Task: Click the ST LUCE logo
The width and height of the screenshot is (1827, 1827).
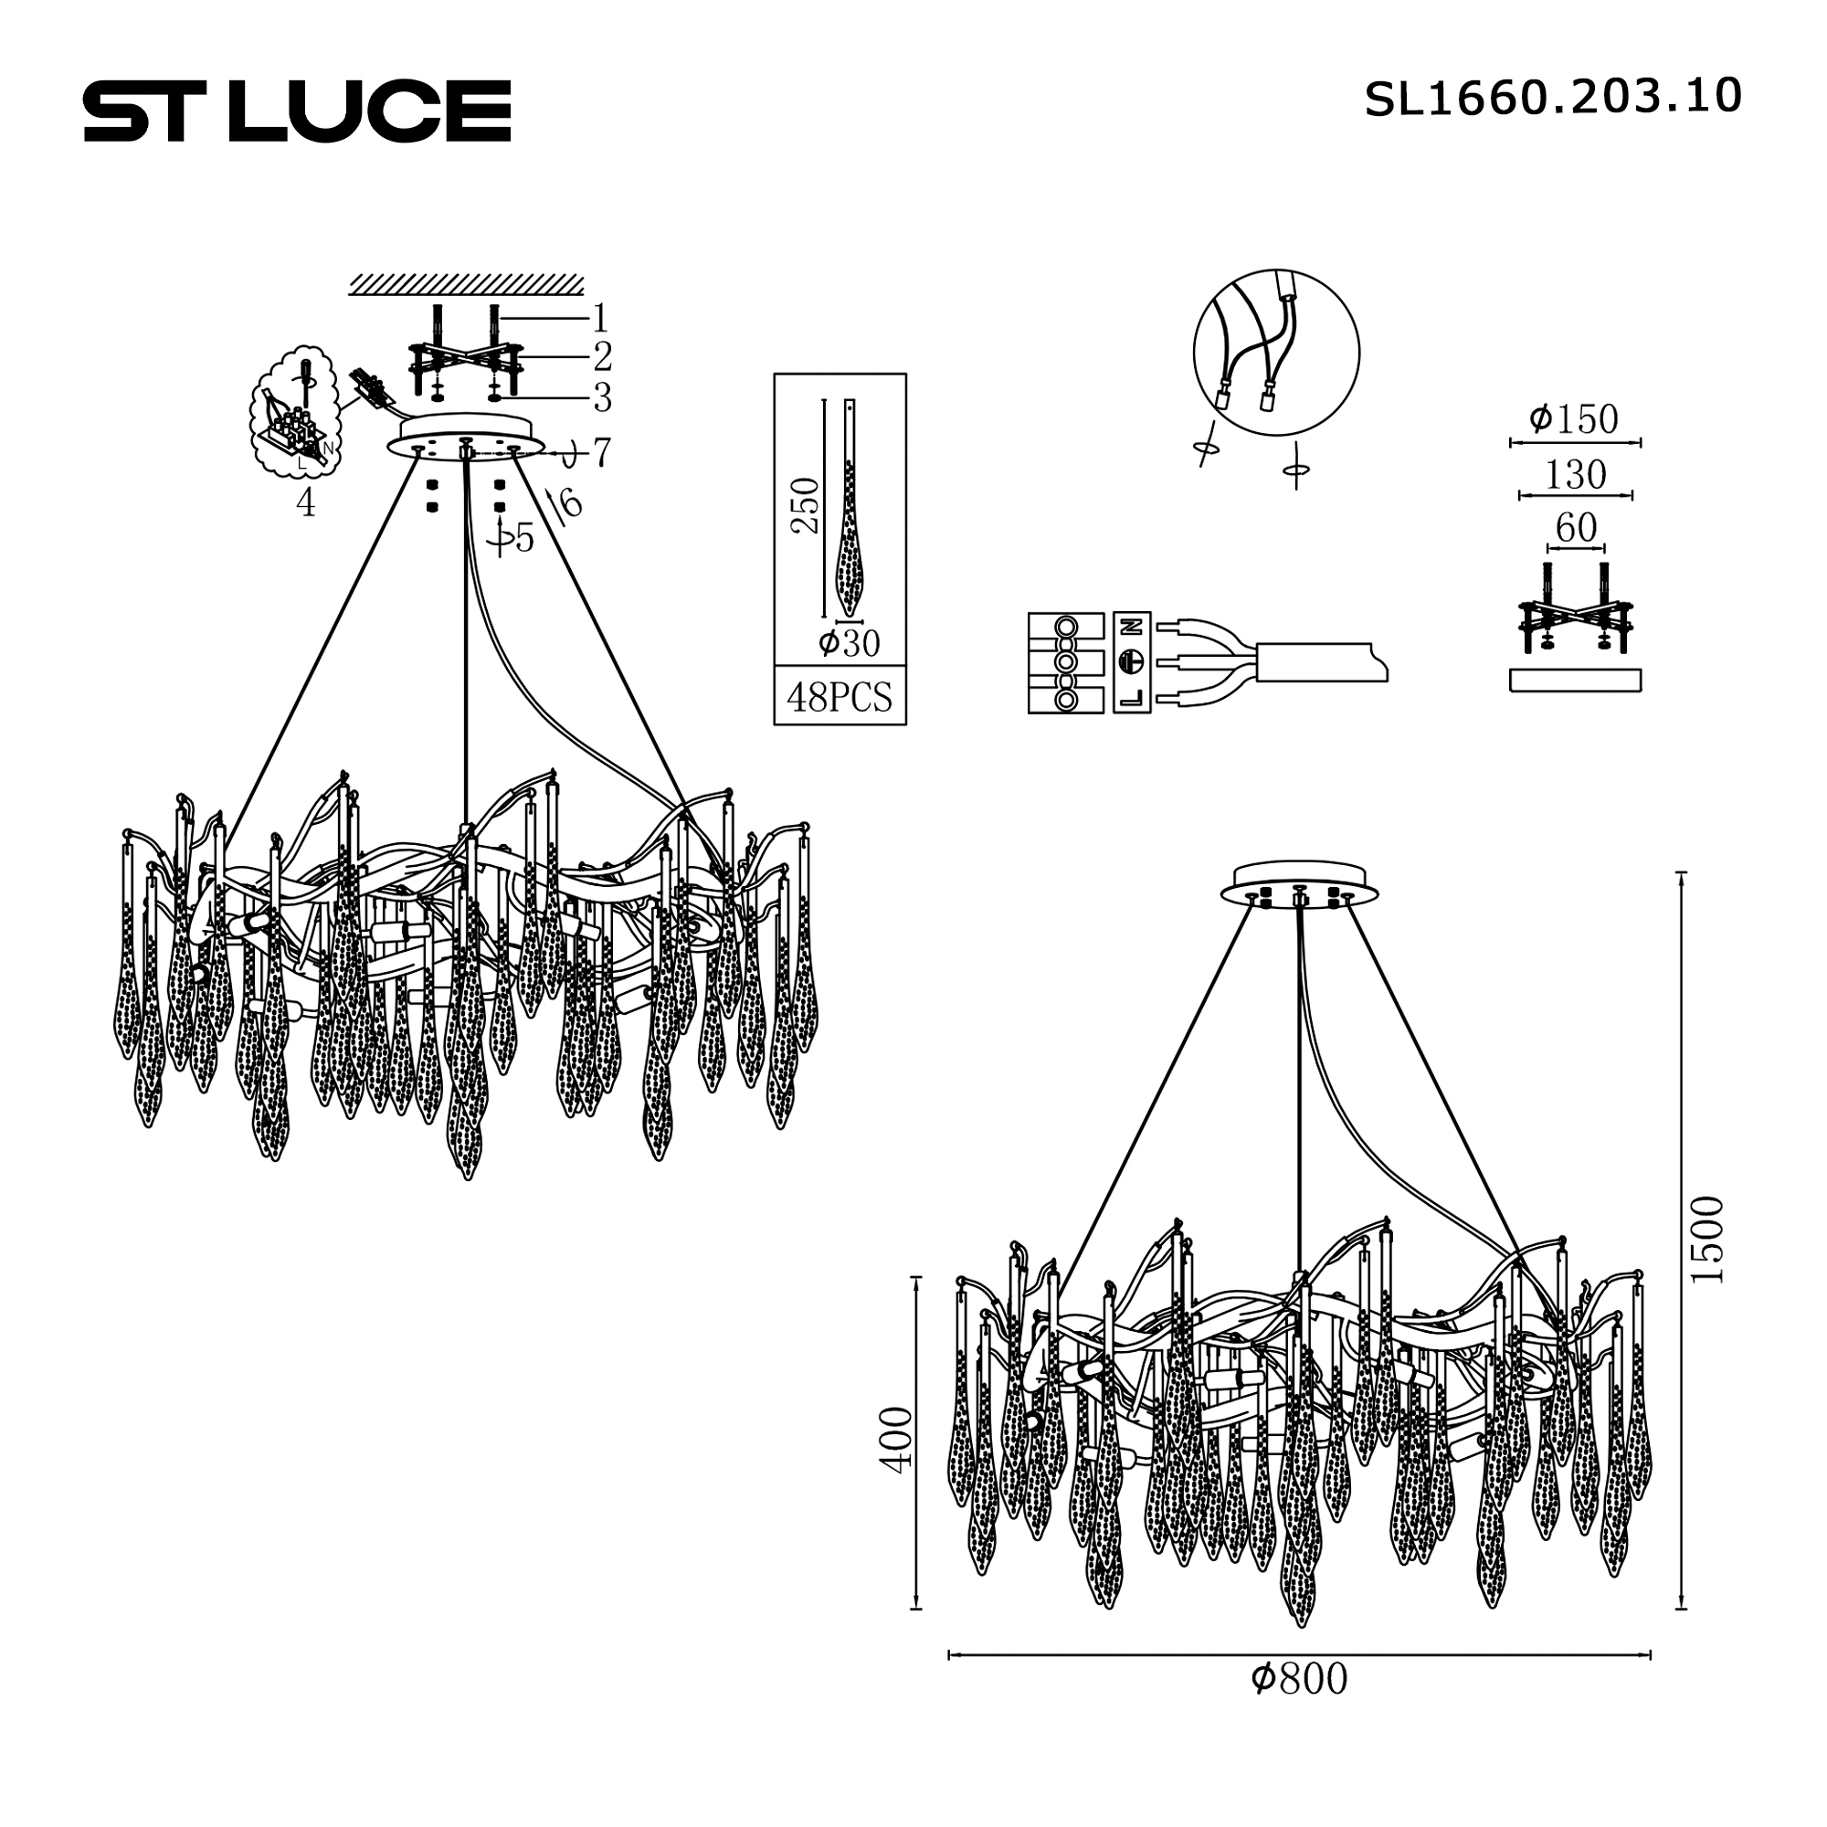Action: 297,111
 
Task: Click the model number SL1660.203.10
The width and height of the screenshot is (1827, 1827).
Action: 1552,99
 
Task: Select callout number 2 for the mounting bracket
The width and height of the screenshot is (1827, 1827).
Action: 601,356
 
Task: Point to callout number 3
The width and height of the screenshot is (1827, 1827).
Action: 601,398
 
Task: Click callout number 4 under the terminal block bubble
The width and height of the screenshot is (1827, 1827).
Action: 304,504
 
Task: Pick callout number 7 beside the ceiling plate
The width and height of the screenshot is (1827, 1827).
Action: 601,452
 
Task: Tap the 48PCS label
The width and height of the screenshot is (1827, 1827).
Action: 839,698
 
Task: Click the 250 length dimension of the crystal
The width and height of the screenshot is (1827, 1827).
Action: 806,506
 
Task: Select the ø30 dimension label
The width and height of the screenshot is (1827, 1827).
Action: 850,644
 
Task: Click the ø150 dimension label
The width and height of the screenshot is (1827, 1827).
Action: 1574,419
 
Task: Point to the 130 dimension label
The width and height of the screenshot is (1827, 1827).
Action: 1575,475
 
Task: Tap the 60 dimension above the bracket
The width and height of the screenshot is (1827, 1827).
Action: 1576,529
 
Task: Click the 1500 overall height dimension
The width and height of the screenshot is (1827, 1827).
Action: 1708,1239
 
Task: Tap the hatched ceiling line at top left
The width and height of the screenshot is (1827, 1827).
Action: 465,285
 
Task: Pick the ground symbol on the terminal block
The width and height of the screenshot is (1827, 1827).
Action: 1131,661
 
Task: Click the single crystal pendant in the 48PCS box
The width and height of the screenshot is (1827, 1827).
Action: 851,511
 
